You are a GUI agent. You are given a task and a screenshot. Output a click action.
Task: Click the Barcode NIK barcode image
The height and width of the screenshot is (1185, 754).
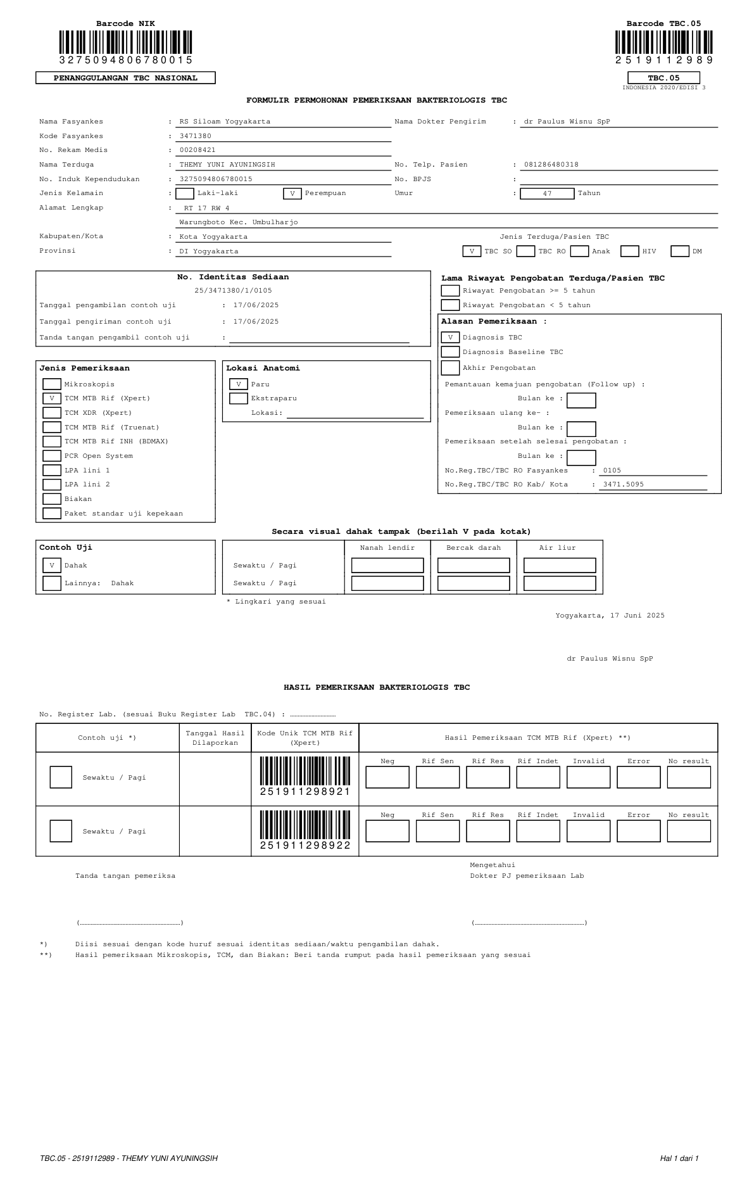coord(125,42)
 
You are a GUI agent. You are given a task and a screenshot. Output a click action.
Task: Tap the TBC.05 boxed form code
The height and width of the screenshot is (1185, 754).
coord(663,78)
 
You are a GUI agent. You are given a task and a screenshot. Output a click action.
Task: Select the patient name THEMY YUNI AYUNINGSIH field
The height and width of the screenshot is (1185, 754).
coord(227,165)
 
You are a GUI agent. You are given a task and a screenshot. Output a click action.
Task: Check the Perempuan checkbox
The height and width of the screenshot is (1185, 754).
coord(292,194)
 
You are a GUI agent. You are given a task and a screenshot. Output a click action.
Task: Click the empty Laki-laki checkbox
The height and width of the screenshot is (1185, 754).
coord(185,194)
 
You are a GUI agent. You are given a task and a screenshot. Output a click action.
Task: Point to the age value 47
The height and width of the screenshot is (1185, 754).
coord(547,194)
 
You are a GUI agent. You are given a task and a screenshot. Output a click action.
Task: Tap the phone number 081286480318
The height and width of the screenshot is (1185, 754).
coord(551,165)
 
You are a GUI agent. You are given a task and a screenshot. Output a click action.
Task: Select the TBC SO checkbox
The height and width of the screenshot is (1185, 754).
coord(472,251)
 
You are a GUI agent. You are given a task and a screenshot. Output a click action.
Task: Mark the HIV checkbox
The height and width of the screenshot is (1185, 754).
coord(629,251)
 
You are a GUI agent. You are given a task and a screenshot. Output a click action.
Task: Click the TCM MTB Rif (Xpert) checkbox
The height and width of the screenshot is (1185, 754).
coord(52,398)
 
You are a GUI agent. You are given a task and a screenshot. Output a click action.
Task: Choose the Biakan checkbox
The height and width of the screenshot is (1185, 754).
coord(52,499)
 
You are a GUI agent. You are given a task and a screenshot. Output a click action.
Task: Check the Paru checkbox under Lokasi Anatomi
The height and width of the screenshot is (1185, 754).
coord(239,384)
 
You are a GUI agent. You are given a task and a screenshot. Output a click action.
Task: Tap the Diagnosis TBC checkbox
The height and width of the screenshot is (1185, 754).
coord(450,338)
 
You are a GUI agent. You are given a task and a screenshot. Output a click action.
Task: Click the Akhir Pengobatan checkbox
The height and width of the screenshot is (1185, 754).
coord(450,367)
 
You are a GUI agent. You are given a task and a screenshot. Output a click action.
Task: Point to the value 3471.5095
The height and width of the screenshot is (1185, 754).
coord(623,485)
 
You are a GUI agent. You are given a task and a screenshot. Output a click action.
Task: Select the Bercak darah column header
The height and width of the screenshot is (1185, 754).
coord(474,548)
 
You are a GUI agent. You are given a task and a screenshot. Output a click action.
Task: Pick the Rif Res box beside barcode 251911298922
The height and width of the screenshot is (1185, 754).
coord(487,831)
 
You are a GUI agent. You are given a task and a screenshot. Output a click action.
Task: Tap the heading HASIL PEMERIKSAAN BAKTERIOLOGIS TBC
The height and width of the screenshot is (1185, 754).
coord(377,687)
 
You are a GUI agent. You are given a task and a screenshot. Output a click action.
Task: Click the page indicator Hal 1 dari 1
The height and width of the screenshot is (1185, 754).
coord(679,1158)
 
